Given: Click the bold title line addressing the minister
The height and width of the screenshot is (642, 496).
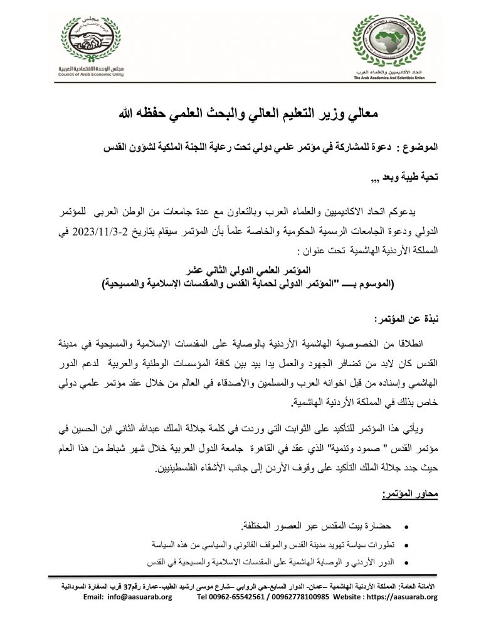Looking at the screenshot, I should pyautogui.click(x=250, y=115).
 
